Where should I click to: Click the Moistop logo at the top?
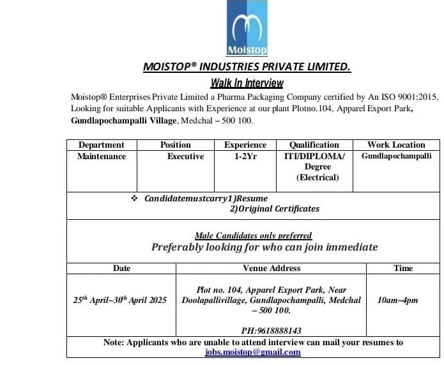(247, 29)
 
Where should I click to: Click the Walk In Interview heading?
(247, 83)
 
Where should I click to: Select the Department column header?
(102, 145)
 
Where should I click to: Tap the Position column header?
(176, 145)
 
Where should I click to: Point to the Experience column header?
(245, 145)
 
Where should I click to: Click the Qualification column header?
(314, 145)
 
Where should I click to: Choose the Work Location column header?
(396, 145)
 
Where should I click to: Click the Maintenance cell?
(102, 156)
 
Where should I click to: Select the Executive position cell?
(185, 156)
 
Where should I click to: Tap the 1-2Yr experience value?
(245, 156)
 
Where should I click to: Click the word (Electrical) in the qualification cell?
(318, 178)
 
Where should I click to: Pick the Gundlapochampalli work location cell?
(396, 156)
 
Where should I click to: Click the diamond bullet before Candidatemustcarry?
(134, 199)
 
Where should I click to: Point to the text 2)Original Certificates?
(275, 208)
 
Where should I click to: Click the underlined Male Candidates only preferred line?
(253, 236)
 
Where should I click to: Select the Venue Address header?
(272, 268)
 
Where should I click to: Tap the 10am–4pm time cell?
(398, 300)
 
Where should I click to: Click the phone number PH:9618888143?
(272, 330)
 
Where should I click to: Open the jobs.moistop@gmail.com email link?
(253, 352)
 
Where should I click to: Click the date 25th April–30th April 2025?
(120, 300)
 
